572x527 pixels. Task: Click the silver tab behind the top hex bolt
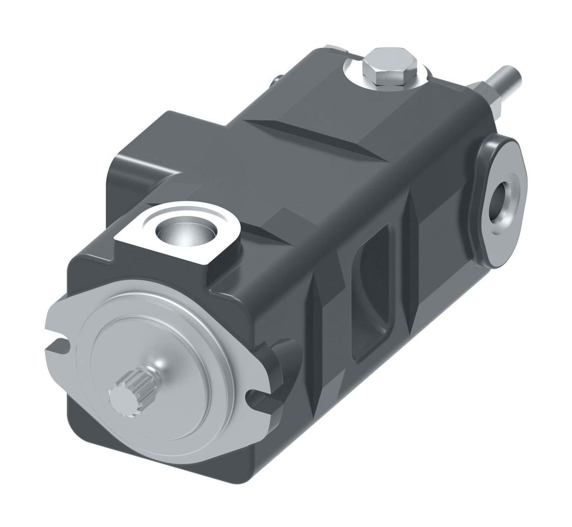click(x=334, y=49)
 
